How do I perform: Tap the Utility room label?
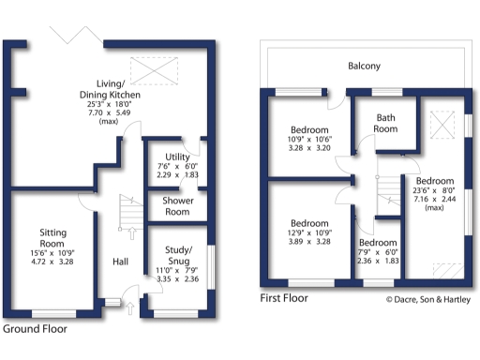pyautogui.click(x=178, y=157)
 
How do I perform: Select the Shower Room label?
pyautogui.click(x=178, y=206)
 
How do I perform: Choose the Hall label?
pyautogui.click(x=121, y=262)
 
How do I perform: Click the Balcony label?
pyautogui.click(x=364, y=67)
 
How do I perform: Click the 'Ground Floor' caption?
pyautogui.click(x=35, y=329)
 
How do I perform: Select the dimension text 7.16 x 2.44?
pyautogui.click(x=434, y=200)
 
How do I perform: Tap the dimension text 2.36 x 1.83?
pyautogui.click(x=378, y=262)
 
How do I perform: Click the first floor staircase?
pyautogui.click(x=386, y=192)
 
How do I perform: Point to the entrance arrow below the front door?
pyautogui.click(x=128, y=307)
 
